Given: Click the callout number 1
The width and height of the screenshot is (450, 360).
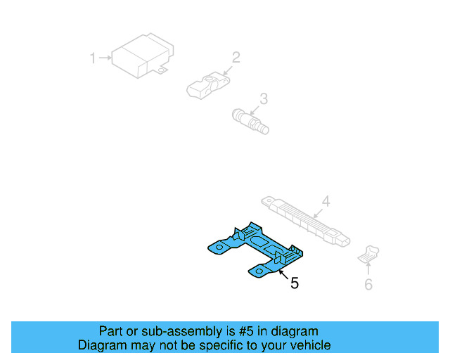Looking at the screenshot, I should (x=92, y=58).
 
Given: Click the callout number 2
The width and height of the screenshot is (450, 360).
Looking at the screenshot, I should (x=236, y=57).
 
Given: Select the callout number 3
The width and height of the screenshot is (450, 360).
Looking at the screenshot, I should (x=264, y=98).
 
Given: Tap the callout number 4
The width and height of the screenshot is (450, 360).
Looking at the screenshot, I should (x=326, y=201).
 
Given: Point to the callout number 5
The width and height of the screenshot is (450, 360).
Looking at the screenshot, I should (x=295, y=283).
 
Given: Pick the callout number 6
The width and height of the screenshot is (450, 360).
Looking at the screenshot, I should (x=368, y=284).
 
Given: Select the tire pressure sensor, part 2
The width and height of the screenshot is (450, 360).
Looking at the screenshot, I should (x=205, y=85).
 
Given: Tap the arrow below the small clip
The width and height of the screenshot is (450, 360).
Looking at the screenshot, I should (x=368, y=270).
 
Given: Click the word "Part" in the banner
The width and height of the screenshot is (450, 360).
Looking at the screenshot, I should (x=111, y=331).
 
